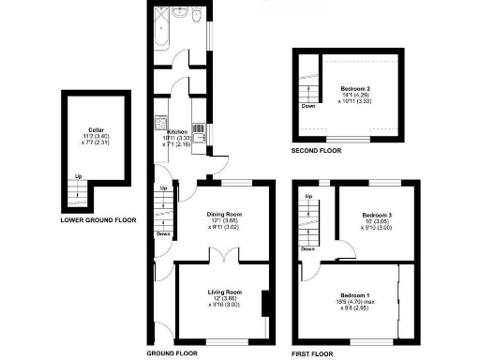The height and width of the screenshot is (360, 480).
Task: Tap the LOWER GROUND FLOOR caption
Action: click(97, 220)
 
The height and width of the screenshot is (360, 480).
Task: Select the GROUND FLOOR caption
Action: click(171, 354)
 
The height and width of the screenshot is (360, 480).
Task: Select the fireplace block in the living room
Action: click(266, 306)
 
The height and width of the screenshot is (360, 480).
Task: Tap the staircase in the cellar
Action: click(80, 195)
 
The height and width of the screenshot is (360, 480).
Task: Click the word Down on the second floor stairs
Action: click(307, 106)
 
